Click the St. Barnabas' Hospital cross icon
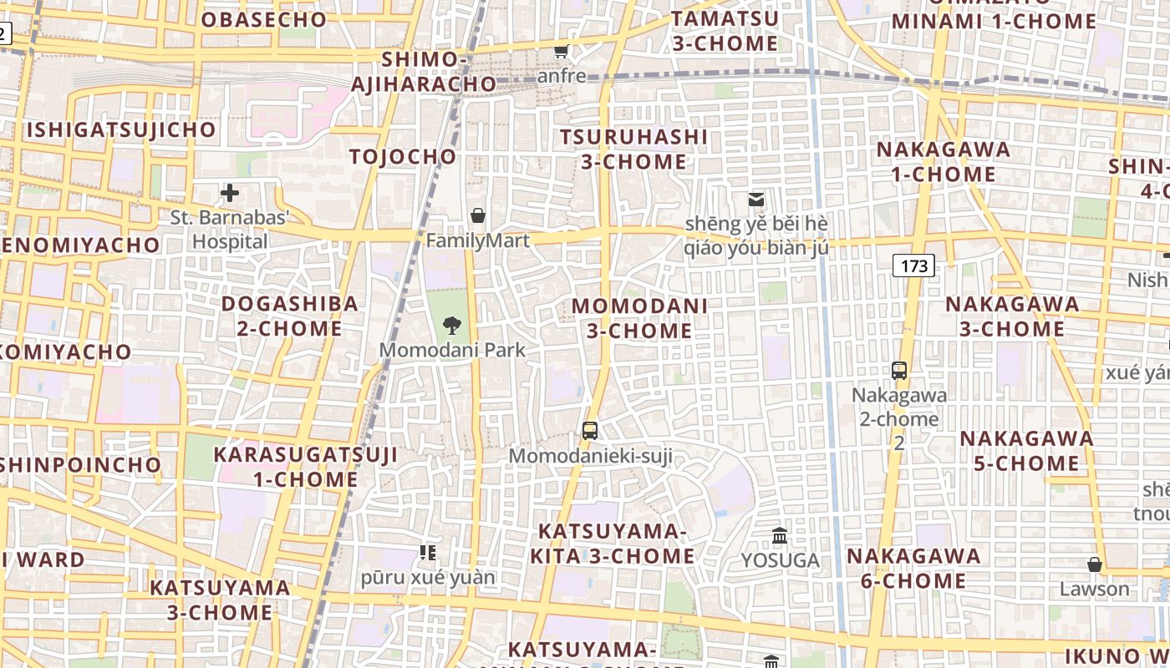pos(229,194)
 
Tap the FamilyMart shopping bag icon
pos(478,216)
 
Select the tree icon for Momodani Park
pos(452,325)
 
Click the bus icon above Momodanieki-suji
pos(590,431)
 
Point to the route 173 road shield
pos(914,266)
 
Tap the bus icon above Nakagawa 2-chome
pos(899,371)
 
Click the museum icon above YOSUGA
pos(780,535)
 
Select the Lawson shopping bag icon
pos(1095,565)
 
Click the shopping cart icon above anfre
pos(562,52)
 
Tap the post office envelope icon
pos(756,200)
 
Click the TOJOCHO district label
pos(403,157)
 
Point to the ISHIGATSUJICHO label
pos(122,130)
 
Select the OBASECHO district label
pos(264,19)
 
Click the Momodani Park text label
pos(453,349)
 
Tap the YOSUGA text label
pos(780,560)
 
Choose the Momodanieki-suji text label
pos(590,456)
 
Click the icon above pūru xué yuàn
pos(428,552)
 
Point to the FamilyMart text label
pos(478,241)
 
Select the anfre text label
pos(562,76)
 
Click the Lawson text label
pos(1095,589)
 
